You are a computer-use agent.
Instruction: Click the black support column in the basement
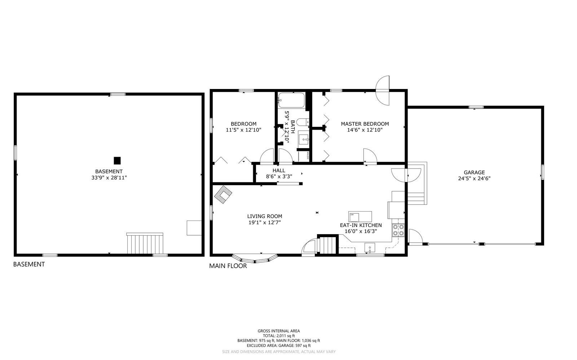tap(117, 160)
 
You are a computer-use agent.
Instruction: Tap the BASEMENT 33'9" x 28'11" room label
tap(109, 174)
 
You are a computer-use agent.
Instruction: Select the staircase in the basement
tap(145, 244)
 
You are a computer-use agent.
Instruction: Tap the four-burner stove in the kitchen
tap(398, 230)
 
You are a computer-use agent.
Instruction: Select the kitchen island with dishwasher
tap(360, 217)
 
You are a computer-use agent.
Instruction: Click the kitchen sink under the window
tap(370, 248)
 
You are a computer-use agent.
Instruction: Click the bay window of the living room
tap(255, 259)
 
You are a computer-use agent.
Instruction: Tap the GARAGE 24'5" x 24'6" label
tap(474, 175)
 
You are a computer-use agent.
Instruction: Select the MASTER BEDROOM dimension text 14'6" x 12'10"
tap(365, 130)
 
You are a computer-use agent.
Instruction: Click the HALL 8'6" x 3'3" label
tap(279, 173)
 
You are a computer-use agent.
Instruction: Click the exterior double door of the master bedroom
tap(383, 90)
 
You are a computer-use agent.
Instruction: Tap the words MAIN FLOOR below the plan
tap(228, 266)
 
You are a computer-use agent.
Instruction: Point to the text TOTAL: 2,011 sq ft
tap(278, 335)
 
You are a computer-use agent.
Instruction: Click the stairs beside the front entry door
tap(327, 245)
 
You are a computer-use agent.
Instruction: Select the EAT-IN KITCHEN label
tap(361, 225)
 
